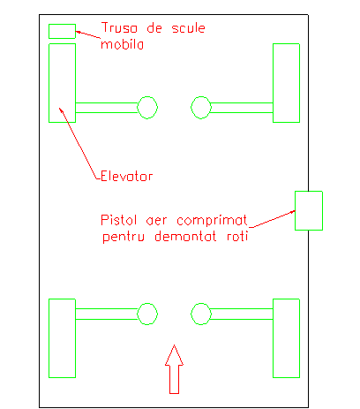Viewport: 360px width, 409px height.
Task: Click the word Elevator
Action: (x=126, y=176)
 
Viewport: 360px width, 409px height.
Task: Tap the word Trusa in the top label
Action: (x=119, y=27)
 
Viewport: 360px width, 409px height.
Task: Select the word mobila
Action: (x=122, y=44)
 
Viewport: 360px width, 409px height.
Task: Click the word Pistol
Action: (x=119, y=220)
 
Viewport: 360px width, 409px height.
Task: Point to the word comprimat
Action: (x=212, y=220)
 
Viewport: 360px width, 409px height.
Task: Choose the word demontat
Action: (x=185, y=236)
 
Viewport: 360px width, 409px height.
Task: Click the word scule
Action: (x=188, y=28)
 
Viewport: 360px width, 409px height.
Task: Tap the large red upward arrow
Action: (x=174, y=369)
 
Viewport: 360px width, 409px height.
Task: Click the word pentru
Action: (x=124, y=237)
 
